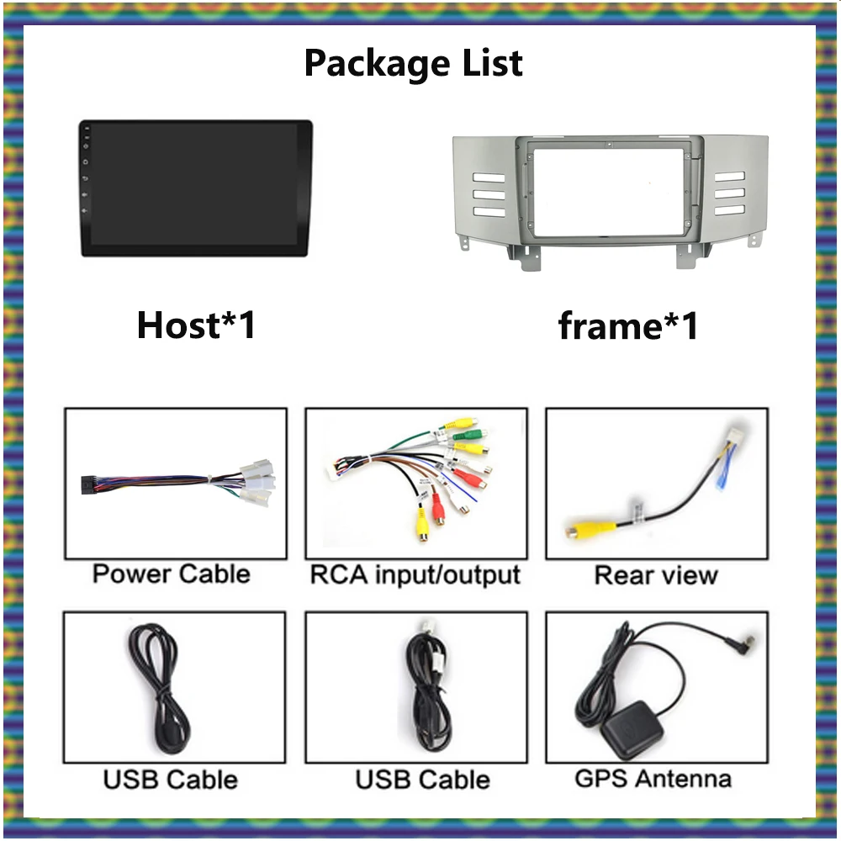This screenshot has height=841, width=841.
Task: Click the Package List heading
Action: click(413, 63)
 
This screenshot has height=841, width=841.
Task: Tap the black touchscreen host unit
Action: click(196, 188)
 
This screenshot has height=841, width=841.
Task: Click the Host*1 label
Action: click(196, 325)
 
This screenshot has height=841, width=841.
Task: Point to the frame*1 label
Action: click(628, 325)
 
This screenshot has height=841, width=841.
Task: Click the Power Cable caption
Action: click(172, 574)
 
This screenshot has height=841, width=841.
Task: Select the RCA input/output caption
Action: click(415, 575)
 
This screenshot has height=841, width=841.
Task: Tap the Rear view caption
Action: click(656, 575)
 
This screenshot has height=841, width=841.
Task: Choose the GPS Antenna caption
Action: click(653, 779)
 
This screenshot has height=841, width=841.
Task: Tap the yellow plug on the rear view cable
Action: click(580, 531)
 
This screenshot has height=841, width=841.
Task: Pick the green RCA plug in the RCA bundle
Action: click(471, 436)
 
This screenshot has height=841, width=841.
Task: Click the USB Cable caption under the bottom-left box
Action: click(171, 780)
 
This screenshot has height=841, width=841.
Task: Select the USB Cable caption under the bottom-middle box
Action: click(422, 780)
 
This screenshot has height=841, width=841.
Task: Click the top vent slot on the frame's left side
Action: click(489, 177)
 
